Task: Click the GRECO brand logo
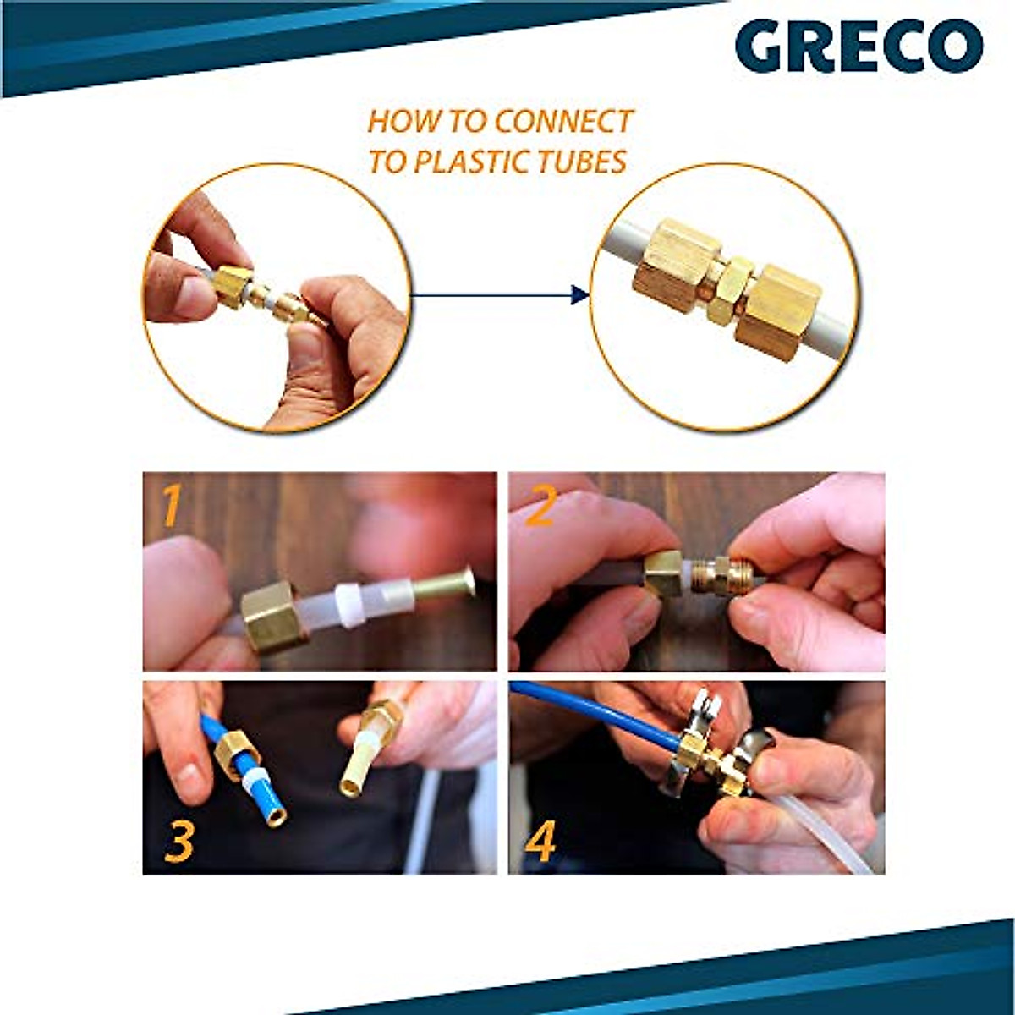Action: (858, 47)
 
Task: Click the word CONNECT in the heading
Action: (563, 122)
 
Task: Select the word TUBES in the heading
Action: (587, 161)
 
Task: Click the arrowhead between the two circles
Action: (580, 295)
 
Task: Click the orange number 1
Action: (172, 506)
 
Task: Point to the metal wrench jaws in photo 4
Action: (703, 709)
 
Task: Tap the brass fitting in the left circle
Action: (233, 290)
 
